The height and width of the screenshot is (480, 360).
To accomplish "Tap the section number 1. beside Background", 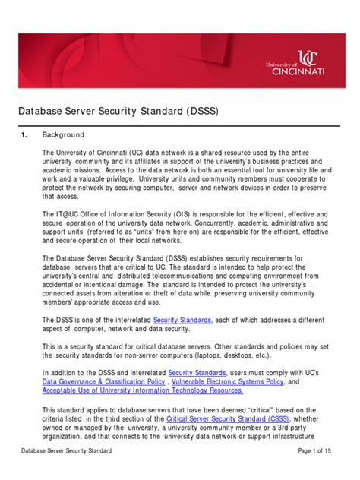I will click(24, 134).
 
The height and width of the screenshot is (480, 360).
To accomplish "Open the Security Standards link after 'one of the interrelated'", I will click(182, 321).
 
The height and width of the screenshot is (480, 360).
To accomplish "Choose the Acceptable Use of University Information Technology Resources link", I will click(143, 390).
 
